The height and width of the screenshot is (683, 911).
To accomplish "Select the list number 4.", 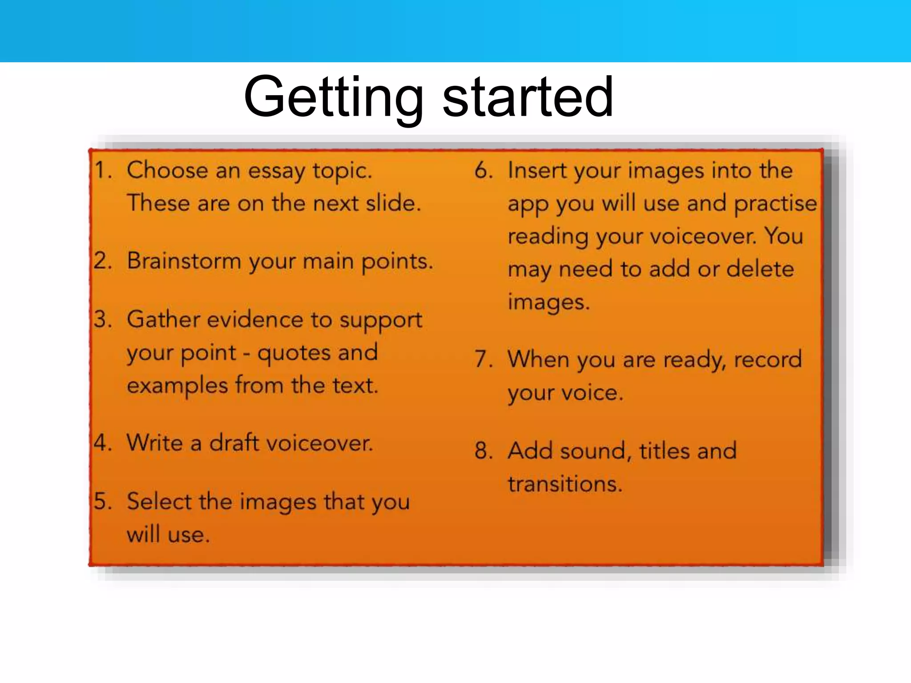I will [x=102, y=443].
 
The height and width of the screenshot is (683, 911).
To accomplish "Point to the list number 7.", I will [x=484, y=359].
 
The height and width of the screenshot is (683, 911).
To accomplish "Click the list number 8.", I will [x=484, y=451].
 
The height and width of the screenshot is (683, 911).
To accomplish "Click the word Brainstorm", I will [x=184, y=261].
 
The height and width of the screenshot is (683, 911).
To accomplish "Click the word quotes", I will [x=294, y=354].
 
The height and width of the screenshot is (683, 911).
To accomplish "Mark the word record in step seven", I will [x=768, y=359].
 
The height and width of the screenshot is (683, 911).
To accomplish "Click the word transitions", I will [x=564, y=484].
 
